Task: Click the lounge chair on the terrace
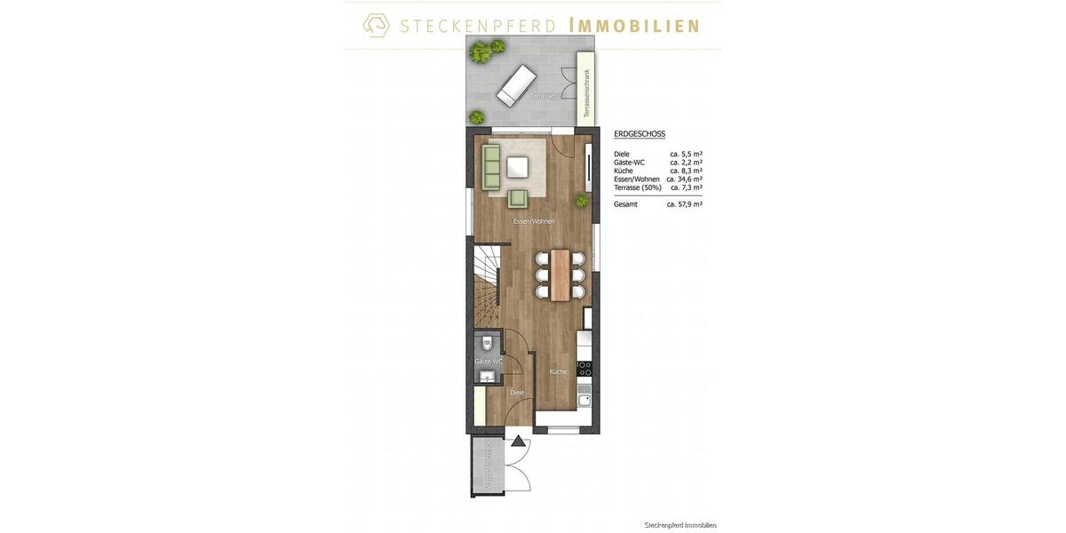515,84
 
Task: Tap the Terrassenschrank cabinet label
585,93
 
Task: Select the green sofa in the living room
491,167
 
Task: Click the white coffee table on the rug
518,167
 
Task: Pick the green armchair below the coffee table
518,199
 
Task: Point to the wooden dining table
560,274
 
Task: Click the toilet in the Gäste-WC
487,342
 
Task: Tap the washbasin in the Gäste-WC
486,378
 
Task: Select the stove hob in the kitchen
585,368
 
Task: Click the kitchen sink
585,400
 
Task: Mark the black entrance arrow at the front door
518,440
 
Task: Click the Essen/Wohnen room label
534,221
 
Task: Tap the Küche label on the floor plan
558,372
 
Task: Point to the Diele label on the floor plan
517,392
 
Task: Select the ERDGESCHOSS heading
640,134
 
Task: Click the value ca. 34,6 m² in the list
684,179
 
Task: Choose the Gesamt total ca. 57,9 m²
684,204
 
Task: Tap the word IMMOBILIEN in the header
633,26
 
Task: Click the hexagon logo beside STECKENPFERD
377,25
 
